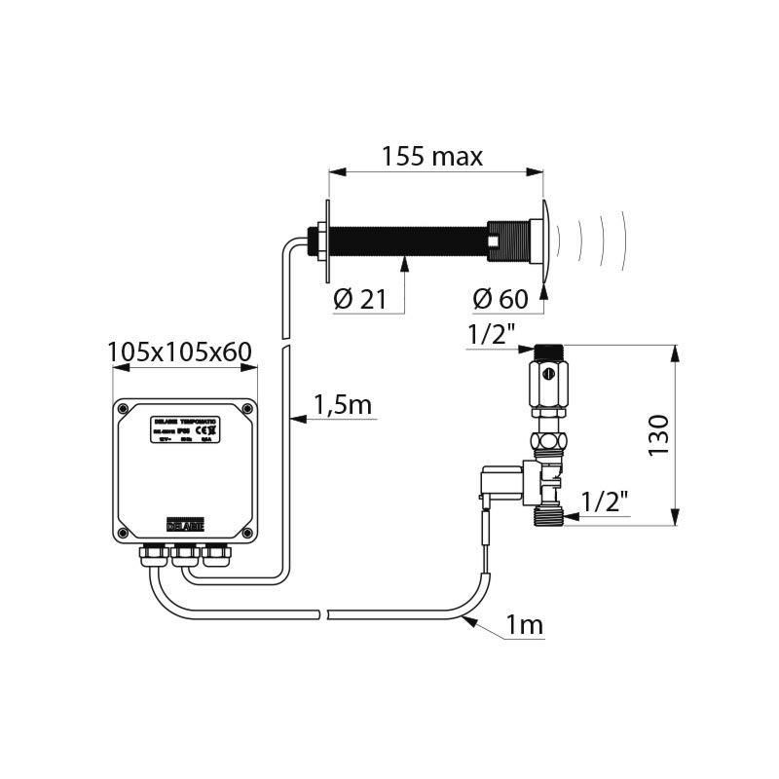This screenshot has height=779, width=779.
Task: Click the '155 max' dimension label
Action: pos(431,156)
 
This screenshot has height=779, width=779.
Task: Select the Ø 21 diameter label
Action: pos(359,300)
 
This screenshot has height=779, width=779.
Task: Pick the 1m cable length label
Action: pos(525,626)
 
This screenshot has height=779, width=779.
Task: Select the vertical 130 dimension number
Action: pos(659,434)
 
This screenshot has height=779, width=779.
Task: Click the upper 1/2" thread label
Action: pos(492,334)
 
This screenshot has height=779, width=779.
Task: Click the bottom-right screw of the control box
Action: pos(247,532)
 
